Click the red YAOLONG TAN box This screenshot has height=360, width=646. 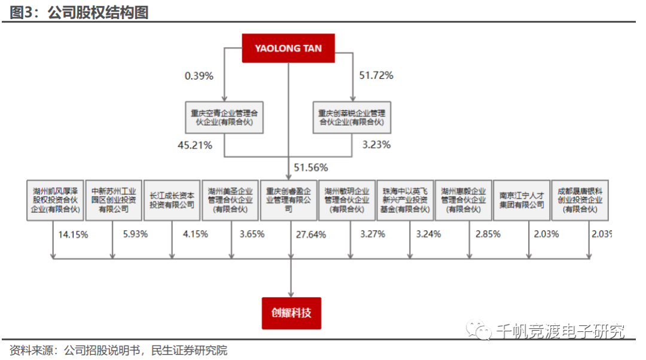pos(288,48)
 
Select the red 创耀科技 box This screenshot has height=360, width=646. pos(291,313)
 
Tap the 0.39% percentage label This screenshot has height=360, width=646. pos(199,76)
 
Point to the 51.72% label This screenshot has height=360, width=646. pos(376,75)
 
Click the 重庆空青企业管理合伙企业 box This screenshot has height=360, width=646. pos(224,117)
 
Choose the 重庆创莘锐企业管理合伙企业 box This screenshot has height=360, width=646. pos(352,117)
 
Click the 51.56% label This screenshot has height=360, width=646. pos(310,167)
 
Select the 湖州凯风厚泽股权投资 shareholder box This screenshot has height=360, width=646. pos(56,200)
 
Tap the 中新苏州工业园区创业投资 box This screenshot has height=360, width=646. pos(114,200)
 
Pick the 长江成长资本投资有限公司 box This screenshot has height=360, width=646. pos(172,200)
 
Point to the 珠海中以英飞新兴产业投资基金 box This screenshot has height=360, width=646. pos(405,200)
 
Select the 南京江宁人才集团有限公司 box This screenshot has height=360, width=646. pos(522,200)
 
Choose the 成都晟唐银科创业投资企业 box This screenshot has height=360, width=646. pos(580,200)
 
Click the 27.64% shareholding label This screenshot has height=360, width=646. pos(311,234)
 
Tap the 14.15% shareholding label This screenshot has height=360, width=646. pos(73,234)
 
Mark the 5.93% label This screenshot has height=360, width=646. pos(135,234)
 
